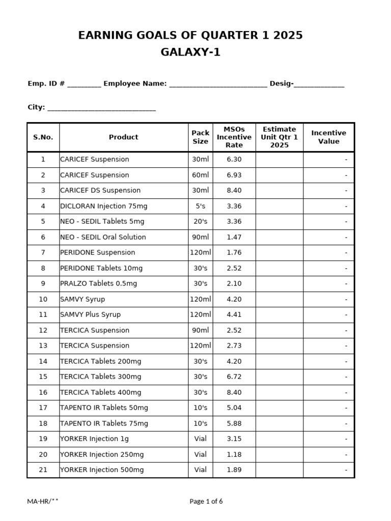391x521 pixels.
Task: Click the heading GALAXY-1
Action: coord(190,52)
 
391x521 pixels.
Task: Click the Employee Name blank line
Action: coord(218,84)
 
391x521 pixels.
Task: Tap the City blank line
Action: coord(101,108)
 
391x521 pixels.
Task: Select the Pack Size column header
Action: coord(201,137)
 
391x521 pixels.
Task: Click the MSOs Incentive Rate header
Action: coord(234,137)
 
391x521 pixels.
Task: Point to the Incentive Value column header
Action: coord(328,137)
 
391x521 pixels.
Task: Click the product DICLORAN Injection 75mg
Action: coord(103,206)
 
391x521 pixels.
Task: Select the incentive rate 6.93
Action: coord(234,175)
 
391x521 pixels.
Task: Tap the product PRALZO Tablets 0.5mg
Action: coord(98,283)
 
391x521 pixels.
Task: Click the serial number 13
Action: coord(43,345)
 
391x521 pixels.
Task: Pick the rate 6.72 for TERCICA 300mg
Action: coord(234,377)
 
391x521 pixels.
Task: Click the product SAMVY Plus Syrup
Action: coord(91,314)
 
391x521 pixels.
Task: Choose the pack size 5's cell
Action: coord(201,206)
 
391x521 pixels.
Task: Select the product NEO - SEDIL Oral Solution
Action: coord(103,237)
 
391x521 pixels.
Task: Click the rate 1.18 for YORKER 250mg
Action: coord(234,454)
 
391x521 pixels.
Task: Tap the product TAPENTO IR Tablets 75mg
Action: coord(104,423)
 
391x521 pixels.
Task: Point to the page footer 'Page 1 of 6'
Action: coord(206,501)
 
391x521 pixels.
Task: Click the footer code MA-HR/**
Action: coord(43,501)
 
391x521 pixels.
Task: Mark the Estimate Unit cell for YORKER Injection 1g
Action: coord(279,439)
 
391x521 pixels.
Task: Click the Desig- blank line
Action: coord(319,84)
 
